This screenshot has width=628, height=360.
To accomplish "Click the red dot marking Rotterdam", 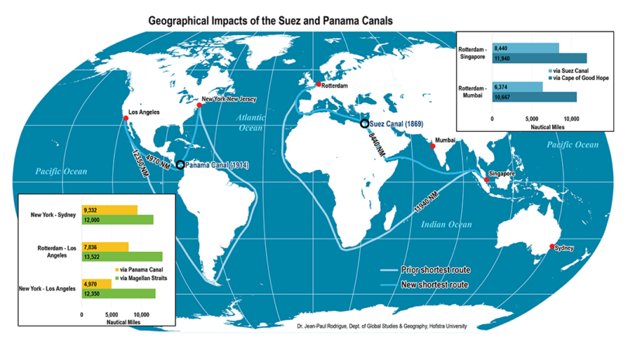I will tap(316, 84).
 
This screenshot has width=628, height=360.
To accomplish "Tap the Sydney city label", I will tap(564, 248).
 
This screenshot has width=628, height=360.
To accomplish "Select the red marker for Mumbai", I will tap(432, 145).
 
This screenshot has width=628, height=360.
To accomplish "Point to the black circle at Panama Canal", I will tap(180, 164).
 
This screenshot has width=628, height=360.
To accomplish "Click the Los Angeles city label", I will tap(144, 112).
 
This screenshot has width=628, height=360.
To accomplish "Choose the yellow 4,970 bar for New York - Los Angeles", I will tap(96, 283).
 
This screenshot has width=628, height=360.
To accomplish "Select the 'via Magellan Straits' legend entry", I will tap(143, 277).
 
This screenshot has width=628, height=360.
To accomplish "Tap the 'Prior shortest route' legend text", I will tap(436, 270).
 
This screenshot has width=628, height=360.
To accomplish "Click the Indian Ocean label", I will tap(445, 224).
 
